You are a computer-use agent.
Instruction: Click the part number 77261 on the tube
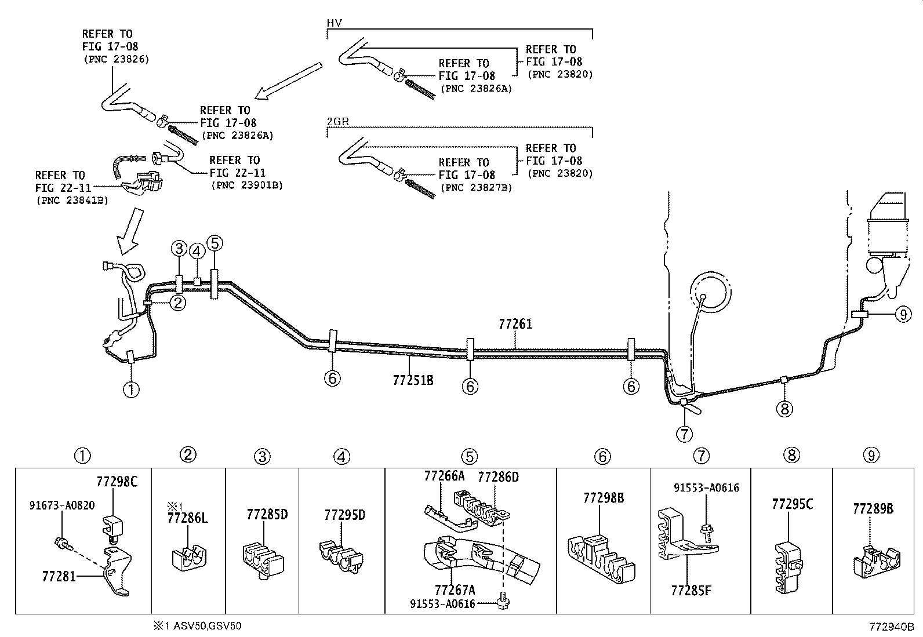pos(515,324)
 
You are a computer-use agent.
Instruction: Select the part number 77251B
pos(413,380)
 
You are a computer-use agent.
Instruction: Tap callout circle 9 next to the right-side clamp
pos(903,314)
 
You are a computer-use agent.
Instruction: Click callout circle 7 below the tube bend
pos(684,433)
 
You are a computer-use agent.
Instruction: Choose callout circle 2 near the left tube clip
pos(178,301)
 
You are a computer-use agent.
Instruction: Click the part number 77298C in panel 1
pos(117,481)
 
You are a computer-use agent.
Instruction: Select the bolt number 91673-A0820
pos(62,505)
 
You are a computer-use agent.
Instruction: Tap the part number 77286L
pos(187,518)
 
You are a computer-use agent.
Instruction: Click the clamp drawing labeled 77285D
pos(261,559)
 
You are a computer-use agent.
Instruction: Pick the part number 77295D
pos(344,515)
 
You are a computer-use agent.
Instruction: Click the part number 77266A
pos(444,476)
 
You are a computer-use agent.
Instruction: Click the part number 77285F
pos(691,590)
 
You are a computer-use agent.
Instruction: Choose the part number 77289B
pos(873,509)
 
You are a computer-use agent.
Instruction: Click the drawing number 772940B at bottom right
pos(891,627)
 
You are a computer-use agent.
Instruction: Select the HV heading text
pos(334,23)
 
